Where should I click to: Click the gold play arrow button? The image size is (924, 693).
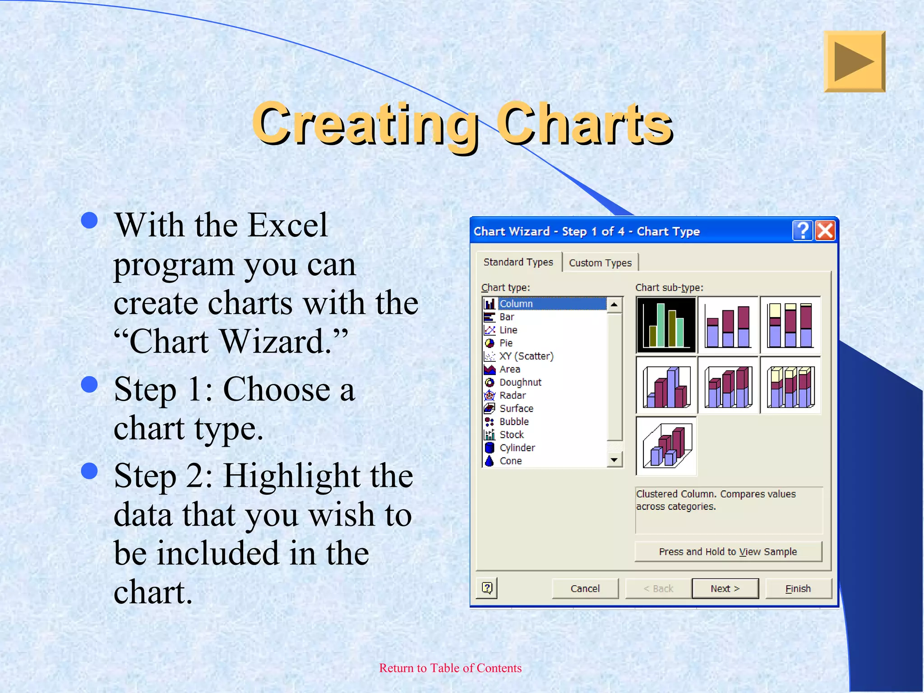click(x=854, y=62)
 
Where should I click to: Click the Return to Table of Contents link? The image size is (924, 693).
click(x=450, y=668)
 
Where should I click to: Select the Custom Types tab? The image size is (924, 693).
click(x=600, y=263)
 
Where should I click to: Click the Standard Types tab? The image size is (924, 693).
click(x=518, y=262)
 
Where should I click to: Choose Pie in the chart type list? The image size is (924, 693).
click(x=506, y=343)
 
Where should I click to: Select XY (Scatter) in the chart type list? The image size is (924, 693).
click(x=526, y=356)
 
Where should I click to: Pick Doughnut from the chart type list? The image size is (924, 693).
click(x=520, y=382)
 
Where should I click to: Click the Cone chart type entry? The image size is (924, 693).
click(x=510, y=461)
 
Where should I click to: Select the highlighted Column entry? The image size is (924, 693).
click(x=516, y=304)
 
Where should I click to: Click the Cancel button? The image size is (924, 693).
click(x=585, y=588)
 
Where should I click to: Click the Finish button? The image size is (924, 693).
click(x=798, y=588)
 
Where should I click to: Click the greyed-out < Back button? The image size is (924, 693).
click(x=658, y=588)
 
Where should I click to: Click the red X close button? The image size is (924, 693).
click(x=825, y=231)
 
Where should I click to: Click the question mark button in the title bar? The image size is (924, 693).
click(x=803, y=231)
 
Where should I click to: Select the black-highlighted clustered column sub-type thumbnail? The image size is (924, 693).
click(x=666, y=325)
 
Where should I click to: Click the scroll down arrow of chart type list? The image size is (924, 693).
click(x=614, y=460)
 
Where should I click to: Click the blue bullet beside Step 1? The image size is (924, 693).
click(x=89, y=385)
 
